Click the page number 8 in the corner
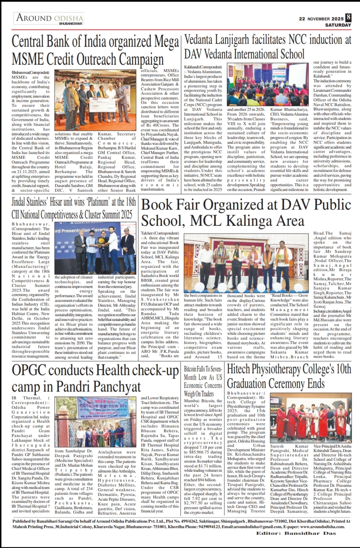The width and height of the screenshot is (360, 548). pos(348,17)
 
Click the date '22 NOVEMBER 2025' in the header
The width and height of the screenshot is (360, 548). pos(321,19)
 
